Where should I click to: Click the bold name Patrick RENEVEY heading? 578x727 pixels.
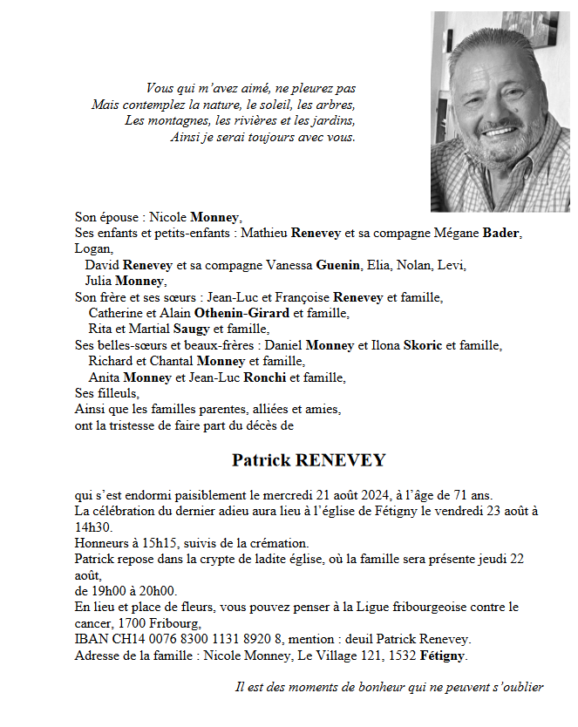[x=309, y=460]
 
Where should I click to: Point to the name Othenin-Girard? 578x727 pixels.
[x=243, y=313]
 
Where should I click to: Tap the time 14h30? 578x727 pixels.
[x=93, y=527]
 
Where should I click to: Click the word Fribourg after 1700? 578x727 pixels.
[x=178, y=622]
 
